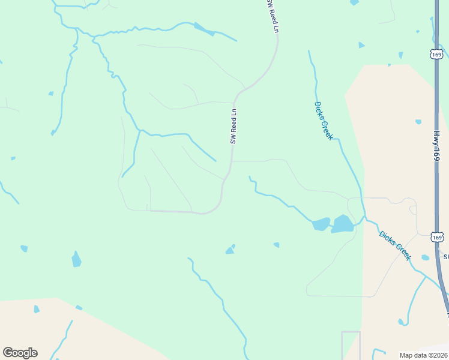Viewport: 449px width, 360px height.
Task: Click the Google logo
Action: [x=20, y=353]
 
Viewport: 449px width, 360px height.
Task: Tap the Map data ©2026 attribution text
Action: [x=423, y=355]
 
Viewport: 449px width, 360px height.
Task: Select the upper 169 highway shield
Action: [x=436, y=54]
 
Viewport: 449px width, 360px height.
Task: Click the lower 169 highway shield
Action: [x=437, y=237]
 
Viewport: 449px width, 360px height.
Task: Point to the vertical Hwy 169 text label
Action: [x=437, y=146]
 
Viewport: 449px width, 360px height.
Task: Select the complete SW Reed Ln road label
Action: [x=234, y=125]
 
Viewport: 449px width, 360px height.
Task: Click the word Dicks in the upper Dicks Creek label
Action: [x=319, y=111]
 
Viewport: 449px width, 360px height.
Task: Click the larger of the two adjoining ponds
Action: [x=343, y=224]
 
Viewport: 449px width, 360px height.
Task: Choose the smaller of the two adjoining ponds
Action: [x=321, y=224]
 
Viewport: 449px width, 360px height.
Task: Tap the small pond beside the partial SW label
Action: [x=426, y=257]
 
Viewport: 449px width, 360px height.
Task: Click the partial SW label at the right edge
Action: [x=445, y=257]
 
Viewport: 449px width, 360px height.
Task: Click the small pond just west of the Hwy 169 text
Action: [x=418, y=122]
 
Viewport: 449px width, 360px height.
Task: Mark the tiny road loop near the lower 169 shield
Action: [x=412, y=209]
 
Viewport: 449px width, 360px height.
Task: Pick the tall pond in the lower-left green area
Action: [x=76, y=259]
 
